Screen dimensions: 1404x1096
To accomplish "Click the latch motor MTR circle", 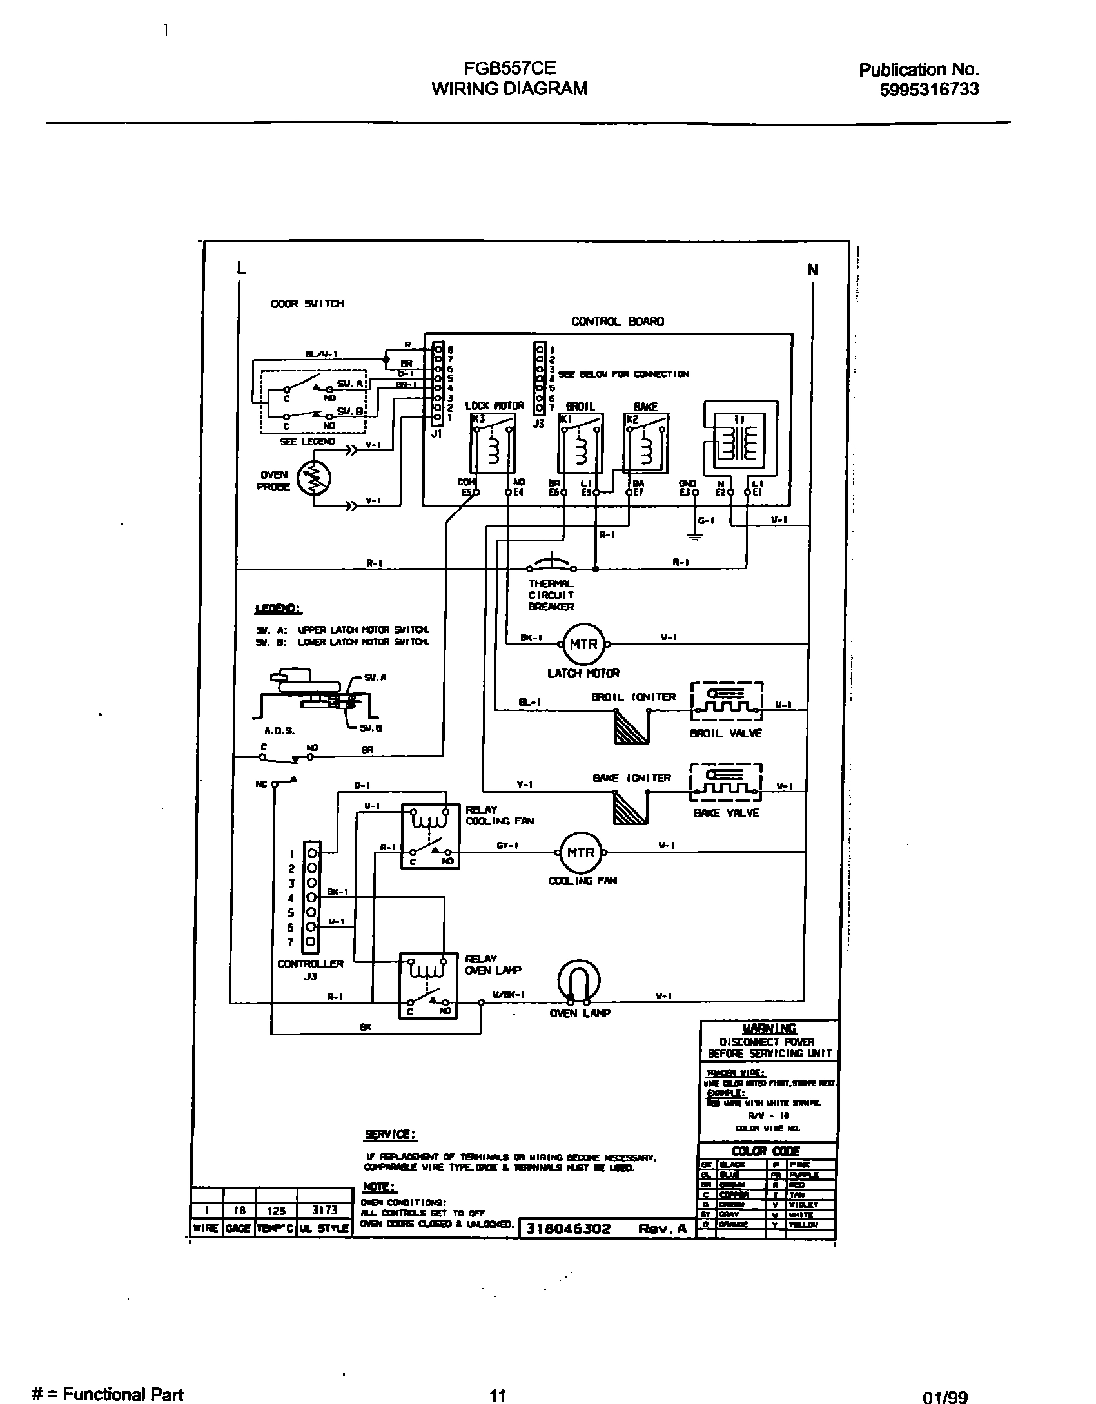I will tap(583, 643).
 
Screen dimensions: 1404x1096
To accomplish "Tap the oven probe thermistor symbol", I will tap(313, 478).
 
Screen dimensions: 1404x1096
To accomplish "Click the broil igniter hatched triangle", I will tap(631, 726).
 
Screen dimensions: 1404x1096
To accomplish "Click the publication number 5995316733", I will tap(929, 89).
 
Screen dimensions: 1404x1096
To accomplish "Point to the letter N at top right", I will tap(812, 269).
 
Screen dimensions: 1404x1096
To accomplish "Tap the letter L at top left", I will tap(241, 268).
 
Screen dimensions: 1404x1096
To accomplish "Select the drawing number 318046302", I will tap(568, 1228).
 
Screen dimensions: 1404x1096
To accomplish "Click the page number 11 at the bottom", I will tap(496, 1390).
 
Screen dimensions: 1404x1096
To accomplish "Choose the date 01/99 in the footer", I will tap(945, 1391).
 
